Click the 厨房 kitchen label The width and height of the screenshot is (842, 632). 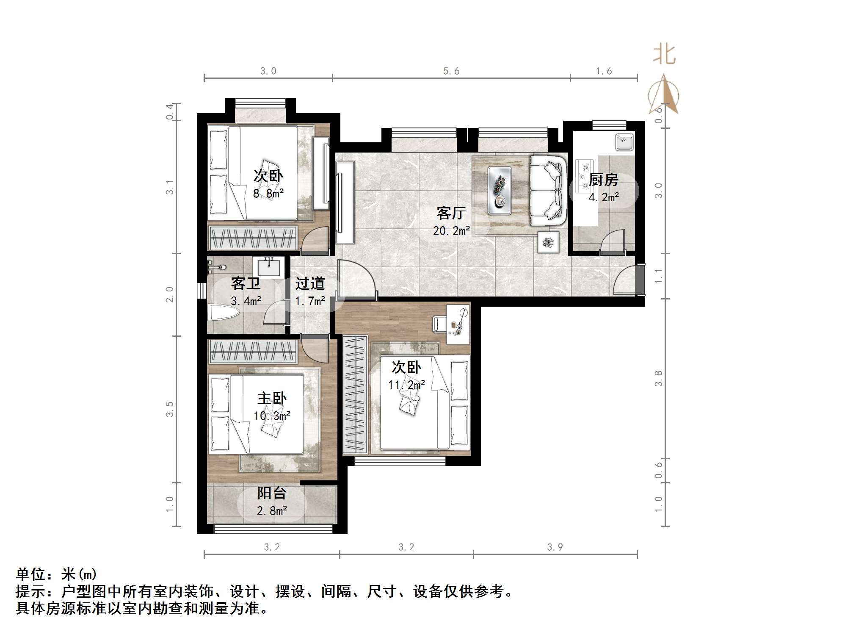[x=603, y=180]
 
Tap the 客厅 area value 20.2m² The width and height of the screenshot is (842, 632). [x=451, y=231]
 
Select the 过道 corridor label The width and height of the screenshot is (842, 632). [x=310, y=283]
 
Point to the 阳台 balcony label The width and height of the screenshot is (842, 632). [x=271, y=493]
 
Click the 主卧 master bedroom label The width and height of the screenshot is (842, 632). [x=272, y=398]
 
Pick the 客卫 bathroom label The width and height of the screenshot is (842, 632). [x=246, y=283]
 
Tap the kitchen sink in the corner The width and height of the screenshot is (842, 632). [x=624, y=141]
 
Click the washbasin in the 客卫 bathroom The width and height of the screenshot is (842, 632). [x=268, y=267]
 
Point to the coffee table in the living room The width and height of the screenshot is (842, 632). [x=500, y=190]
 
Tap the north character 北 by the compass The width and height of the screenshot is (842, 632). [x=664, y=55]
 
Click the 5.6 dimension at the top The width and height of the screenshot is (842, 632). [x=451, y=71]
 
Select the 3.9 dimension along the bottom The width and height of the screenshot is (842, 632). [x=555, y=547]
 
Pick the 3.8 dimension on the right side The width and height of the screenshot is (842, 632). [x=658, y=378]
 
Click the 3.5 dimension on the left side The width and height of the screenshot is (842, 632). [x=169, y=409]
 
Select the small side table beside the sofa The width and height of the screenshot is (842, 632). [x=548, y=243]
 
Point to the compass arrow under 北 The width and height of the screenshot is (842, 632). [x=664, y=95]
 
